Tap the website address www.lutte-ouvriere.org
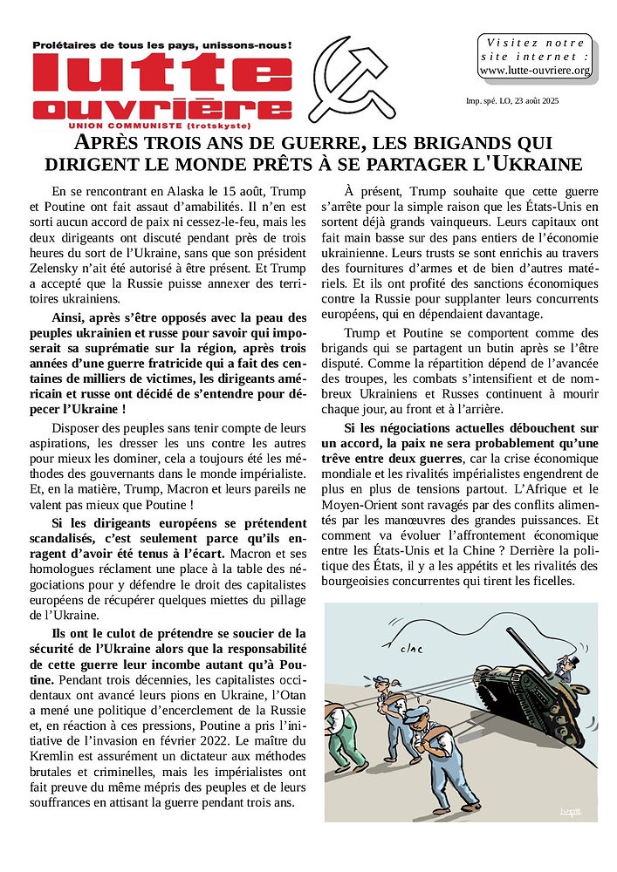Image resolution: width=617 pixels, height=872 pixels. click(x=535, y=70)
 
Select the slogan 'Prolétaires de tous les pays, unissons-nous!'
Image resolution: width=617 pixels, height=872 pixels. click(x=161, y=44)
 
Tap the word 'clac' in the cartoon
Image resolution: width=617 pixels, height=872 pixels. click(x=411, y=648)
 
